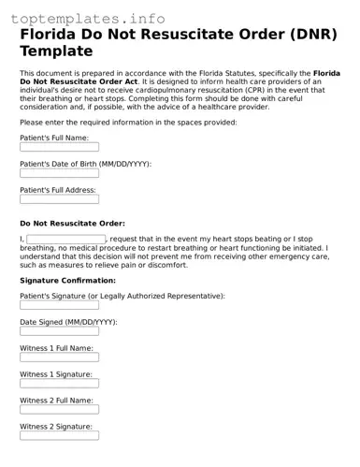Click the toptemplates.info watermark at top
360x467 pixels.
(x=92, y=18)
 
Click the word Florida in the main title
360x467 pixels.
(x=55, y=35)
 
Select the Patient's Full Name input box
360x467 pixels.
(x=59, y=147)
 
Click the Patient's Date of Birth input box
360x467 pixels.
(x=59, y=173)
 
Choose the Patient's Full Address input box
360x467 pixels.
(x=59, y=199)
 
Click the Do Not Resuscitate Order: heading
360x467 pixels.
(x=72, y=224)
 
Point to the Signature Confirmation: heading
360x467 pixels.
(x=67, y=281)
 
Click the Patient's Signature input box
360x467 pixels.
(x=59, y=305)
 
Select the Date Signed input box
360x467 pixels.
(x=59, y=331)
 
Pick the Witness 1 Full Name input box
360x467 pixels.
(x=59, y=358)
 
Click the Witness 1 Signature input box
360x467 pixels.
(x=59, y=384)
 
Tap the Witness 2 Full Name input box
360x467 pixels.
(x=59, y=410)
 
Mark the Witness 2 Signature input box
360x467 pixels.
(x=59, y=436)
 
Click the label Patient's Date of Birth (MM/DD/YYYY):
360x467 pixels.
(x=85, y=163)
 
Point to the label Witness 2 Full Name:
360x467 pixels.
(x=56, y=400)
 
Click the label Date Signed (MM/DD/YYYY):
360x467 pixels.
(x=68, y=321)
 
